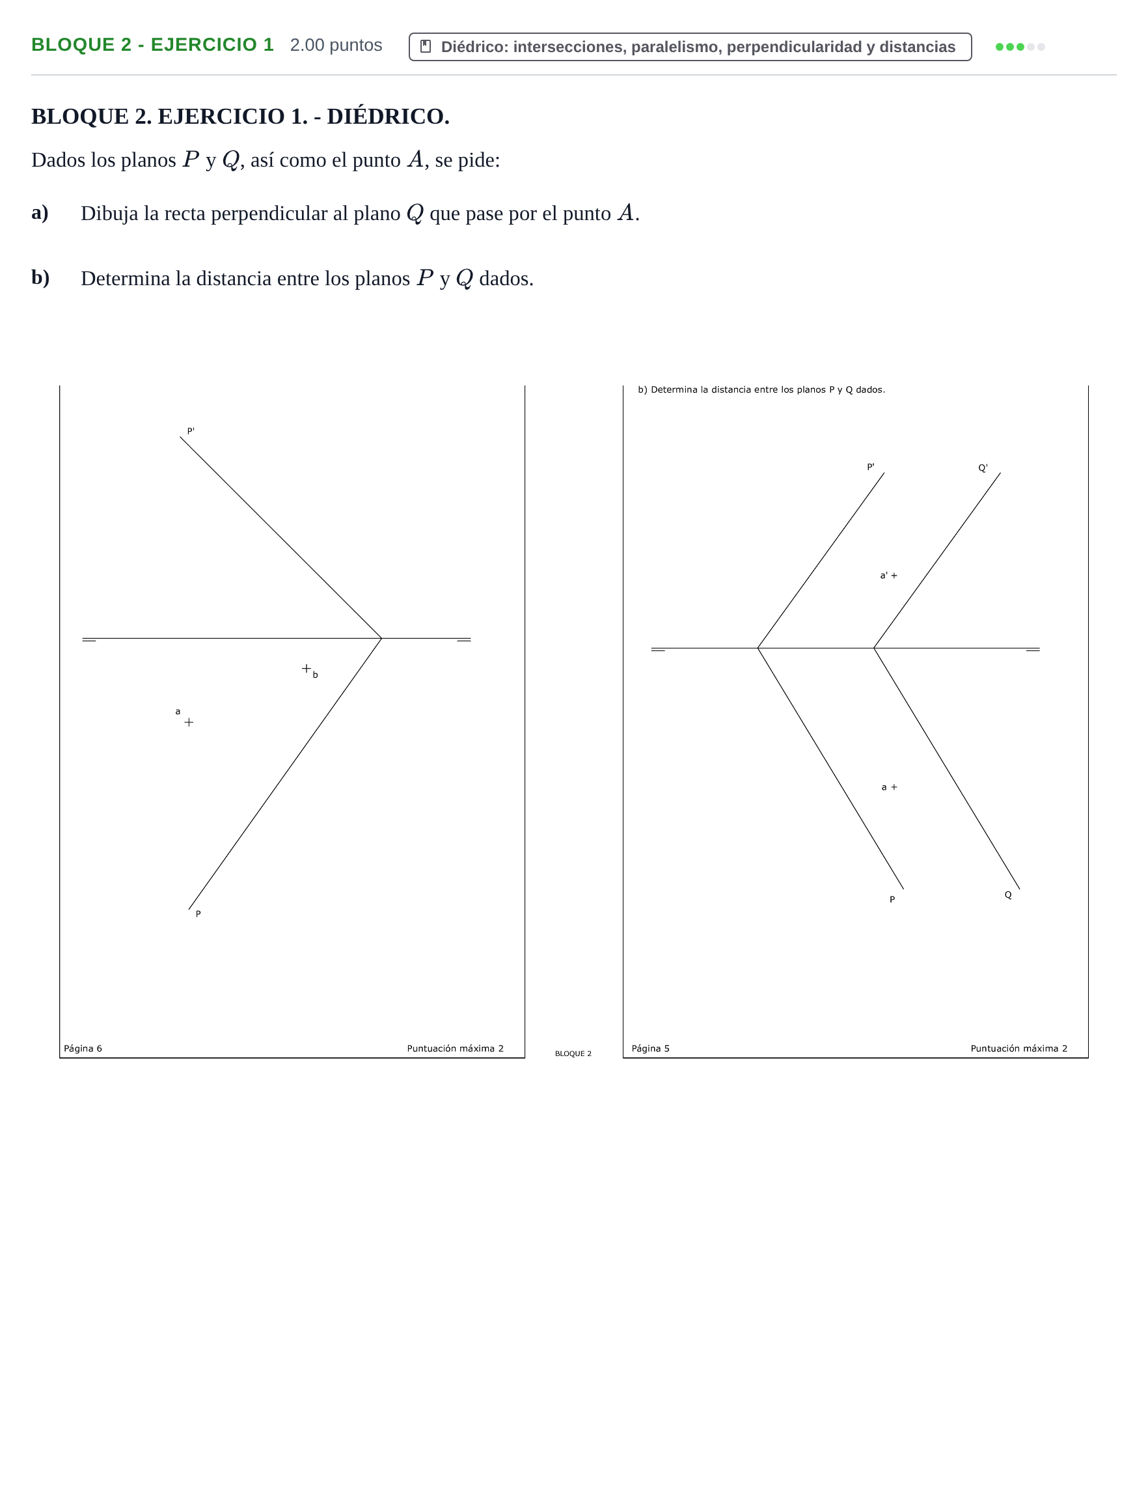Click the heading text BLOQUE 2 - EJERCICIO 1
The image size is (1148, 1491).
152,45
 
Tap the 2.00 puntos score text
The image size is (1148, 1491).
336,45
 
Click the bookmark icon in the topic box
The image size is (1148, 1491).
425,46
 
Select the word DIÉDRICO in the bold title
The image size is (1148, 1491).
388,116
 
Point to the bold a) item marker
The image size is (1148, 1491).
40,212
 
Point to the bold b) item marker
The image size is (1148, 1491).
40,277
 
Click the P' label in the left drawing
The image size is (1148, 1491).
191,431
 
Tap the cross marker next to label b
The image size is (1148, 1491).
307,669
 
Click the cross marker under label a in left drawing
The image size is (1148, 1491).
189,722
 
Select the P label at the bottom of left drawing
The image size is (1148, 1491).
198,913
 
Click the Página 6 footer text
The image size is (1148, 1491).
83,1048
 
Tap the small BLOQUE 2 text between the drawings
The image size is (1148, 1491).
573,1053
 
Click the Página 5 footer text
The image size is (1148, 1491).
650,1048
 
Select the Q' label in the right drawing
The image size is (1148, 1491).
983,467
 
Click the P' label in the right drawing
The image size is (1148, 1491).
870,467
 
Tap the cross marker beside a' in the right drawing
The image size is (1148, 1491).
894,576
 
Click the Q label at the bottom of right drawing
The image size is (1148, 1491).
1008,895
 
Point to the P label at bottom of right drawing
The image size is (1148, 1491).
892,899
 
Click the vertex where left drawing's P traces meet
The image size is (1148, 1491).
381,638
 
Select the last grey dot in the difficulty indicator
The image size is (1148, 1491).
1041,47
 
